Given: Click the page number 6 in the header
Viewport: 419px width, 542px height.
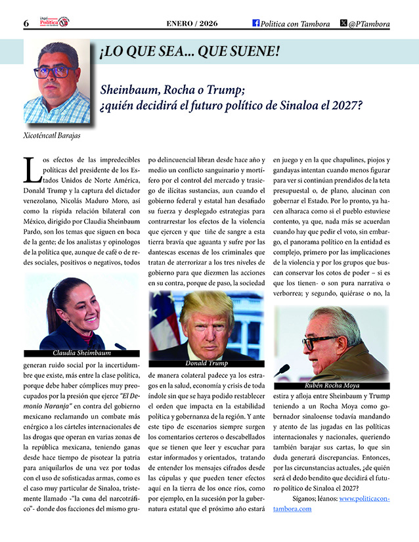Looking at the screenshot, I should tap(26, 23).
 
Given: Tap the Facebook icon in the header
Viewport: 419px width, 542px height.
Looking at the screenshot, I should tap(256, 23).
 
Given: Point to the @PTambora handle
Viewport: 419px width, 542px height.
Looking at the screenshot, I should tap(369, 24).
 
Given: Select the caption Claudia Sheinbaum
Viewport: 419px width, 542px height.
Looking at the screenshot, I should tap(81, 353).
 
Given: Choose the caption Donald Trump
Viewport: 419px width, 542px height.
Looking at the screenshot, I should tap(206, 363).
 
